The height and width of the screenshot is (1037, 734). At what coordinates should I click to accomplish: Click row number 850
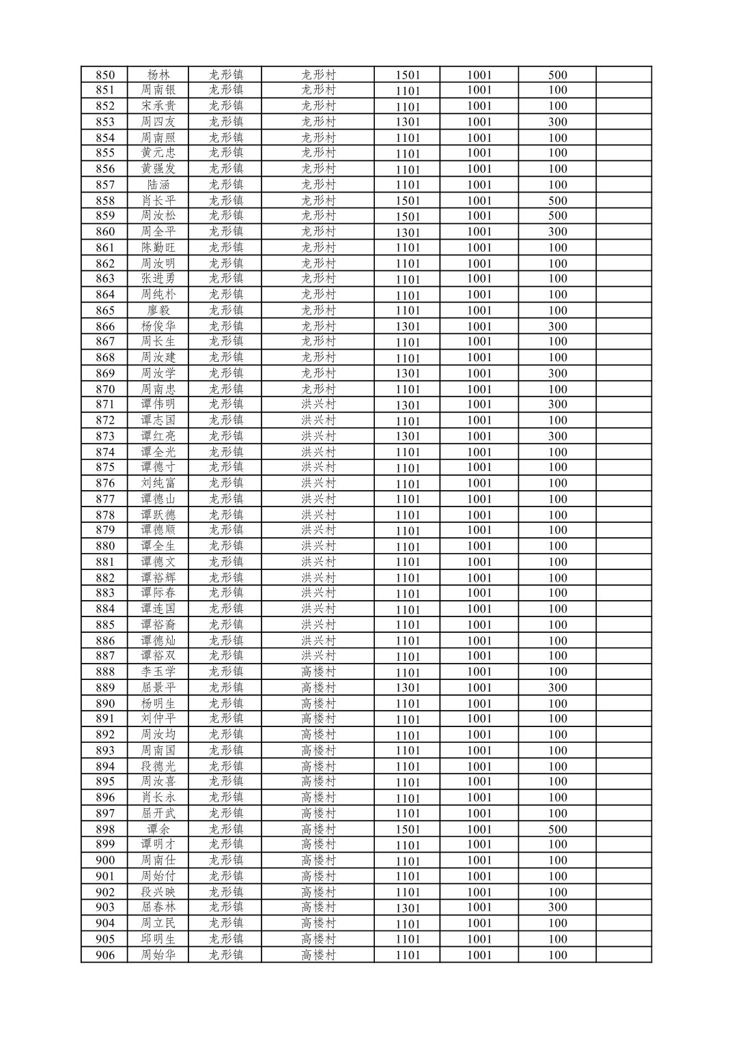click(x=105, y=75)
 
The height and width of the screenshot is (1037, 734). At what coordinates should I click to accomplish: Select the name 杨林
click(x=158, y=75)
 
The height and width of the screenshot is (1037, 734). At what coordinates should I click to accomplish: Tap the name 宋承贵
click(x=158, y=106)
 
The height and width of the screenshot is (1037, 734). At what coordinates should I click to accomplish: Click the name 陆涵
click(x=158, y=184)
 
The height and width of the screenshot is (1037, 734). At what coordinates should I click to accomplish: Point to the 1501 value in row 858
click(x=408, y=201)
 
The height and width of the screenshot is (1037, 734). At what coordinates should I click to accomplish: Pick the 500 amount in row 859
click(x=557, y=216)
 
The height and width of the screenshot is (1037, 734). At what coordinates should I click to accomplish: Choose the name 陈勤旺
click(x=158, y=247)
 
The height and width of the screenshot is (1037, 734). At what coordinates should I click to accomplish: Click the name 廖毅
click(x=158, y=311)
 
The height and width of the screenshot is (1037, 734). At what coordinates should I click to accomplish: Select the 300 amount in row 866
click(x=557, y=326)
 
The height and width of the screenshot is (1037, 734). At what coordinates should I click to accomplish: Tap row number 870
click(x=105, y=389)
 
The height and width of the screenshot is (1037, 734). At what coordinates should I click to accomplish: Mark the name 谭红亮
click(x=158, y=436)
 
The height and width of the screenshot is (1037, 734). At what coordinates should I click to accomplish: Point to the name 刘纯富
click(x=158, y=483)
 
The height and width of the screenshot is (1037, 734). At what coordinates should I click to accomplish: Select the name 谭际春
click(x=158, y=593)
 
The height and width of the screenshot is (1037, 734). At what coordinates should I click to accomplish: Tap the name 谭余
click(x=158, y=829)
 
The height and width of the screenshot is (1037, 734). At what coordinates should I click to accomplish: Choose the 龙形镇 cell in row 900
click(x=226, y=860)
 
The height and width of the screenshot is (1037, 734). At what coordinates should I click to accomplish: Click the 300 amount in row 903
click(x=557, y=907)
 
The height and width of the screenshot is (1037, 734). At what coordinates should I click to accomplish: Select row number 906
click(x=105, y=955)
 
